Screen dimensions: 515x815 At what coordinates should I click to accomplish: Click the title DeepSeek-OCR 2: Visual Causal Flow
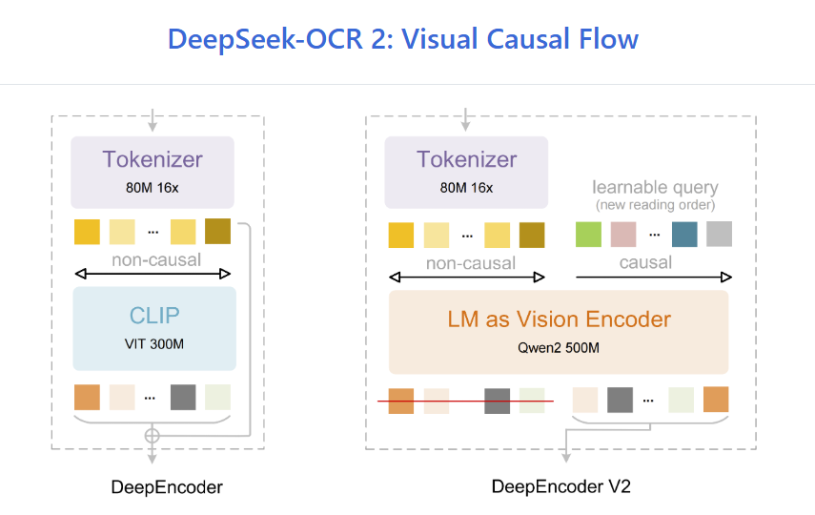click(x=402, y=39)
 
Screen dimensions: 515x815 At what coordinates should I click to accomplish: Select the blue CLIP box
click(x=153, y=328)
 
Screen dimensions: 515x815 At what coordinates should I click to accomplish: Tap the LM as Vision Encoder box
click(x=559, y=332)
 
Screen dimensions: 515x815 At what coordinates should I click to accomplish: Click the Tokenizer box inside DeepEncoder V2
click(x=466, y=172)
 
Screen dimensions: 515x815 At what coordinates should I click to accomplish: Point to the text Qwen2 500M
click(x=560, y=348)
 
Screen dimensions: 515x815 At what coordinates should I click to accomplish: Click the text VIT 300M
click(x=153, y=344)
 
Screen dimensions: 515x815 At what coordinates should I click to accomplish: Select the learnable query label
click(x=655, y=187)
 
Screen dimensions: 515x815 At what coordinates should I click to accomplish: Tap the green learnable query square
click(x=589, y=235)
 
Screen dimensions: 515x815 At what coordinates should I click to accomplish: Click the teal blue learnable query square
click(x=683, y=235)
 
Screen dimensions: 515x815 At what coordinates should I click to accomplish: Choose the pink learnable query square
click(x=623, y=235)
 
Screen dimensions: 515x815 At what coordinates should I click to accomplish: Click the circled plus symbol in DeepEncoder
click(x=151, y=436)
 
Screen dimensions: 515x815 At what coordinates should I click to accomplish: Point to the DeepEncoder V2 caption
click(x=560, y=486)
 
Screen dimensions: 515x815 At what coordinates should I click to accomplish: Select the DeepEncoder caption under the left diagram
click(x=167, y=487)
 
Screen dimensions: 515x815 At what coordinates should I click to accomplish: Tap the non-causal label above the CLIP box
click(x=155, y=259)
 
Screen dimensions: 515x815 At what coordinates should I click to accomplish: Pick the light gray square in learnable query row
click(x=719, y=235)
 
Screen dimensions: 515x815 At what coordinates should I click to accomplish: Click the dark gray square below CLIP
click(x=183, y=397)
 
